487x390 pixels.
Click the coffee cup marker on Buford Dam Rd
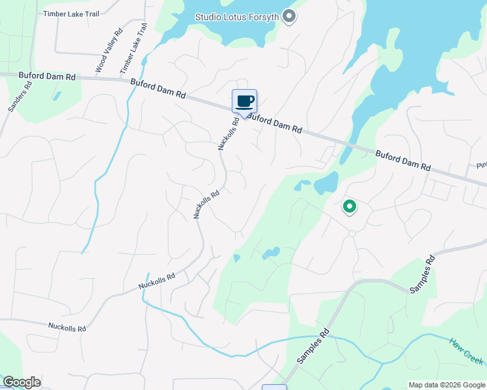tap(244, 101)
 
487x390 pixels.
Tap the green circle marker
tap(349, 207)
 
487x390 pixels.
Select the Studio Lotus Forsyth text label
tap(238, 16)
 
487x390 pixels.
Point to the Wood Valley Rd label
tap(109, 51)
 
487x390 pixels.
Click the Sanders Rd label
tap(20, 96)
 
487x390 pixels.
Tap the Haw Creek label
tap(466, 350)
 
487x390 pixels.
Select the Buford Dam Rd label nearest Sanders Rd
tap(48, 77)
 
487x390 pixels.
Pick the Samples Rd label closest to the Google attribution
tap(314, 346)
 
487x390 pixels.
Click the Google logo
tap(21, 382)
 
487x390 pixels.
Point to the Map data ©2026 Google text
tap(447, 385)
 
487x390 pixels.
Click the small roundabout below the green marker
tap(352, 233)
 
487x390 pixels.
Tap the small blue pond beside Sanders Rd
tap(57, 96)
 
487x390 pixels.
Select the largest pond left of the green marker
tap(326, 183)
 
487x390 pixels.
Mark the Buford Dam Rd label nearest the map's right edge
tap(403, 161)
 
